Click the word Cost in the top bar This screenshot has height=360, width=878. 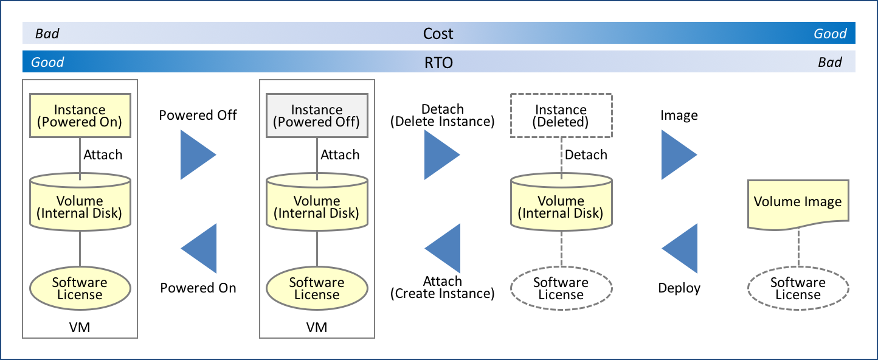pyautogui.click(x=438, y=33)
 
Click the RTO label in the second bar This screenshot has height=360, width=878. pyautogui.click(x=438, y=62)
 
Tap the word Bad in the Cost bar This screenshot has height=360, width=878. pyautogui.click(x=47, y=33)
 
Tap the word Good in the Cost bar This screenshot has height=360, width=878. pyautogui.click(x=830, y=33)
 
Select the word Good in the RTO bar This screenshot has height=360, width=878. pyautogui.click(x=47, y=62)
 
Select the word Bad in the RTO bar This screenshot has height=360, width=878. pyautogui.click(x=830, y=62)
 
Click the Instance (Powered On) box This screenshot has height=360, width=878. pyautogui.click(x=80, y=116)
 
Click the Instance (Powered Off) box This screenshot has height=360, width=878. pyautogui.click(x=317, y=116)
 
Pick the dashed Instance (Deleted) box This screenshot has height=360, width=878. pyautogui.click(x=561, y=116)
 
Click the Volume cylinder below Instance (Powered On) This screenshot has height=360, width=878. pyautogui.click(x=80, y=207)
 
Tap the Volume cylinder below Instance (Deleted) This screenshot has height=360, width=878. pyautogui.click(x=561, y=207)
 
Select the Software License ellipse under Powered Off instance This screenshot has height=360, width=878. pyautogui.click(x=317, y=288)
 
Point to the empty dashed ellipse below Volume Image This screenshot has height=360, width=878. pyautogui.click(x=798, y=288)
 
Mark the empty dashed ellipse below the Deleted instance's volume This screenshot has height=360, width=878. pyautogui.click(x=561, y=288)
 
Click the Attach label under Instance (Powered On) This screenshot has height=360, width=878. pyautogui.click(x=103, y=155)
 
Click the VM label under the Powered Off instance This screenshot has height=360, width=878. pyautogui.click(x=317, y=328)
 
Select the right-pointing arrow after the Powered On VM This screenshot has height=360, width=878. pyautogui.click(x=196, y=154)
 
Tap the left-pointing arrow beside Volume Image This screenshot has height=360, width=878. pyautogui.click(x=682, y=248)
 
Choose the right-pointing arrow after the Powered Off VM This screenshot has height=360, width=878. pyautogui.click(x=440, y=154)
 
